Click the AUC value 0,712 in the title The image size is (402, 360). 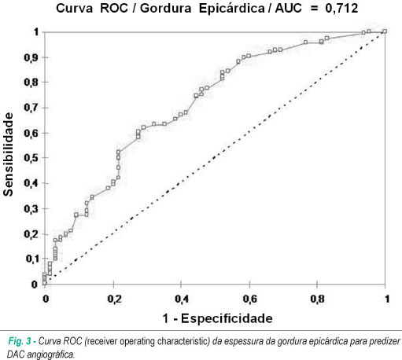341,9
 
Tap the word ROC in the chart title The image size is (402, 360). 114,8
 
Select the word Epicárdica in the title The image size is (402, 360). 232,9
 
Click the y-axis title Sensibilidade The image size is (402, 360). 8,155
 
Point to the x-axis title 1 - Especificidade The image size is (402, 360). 218,318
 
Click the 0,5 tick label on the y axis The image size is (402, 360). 31,158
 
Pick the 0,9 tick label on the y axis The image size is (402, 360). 31,57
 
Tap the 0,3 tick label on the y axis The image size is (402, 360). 31,209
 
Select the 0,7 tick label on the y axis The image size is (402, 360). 31,108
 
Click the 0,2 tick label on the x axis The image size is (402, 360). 114,299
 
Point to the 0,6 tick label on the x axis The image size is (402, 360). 249,299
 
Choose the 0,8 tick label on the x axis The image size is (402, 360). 317,299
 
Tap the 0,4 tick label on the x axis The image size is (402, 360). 182,299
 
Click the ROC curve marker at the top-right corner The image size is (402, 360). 385,31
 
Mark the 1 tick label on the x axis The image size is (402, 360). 387,299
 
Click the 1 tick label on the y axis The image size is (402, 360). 36,32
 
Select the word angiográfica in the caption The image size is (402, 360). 50,354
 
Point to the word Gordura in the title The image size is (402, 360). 165,8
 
